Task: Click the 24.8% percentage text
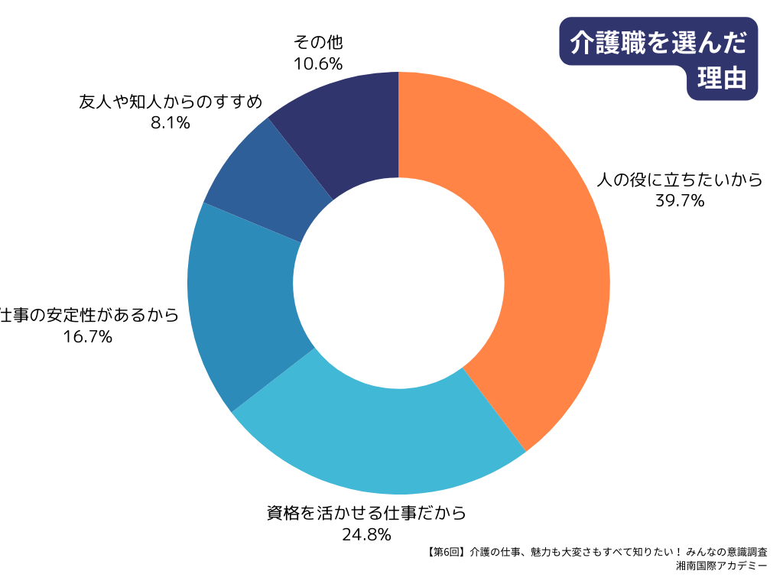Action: coord(366,533)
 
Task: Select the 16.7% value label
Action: coord(89,336)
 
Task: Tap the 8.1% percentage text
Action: coord(170,122)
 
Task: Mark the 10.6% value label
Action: coord(317,63)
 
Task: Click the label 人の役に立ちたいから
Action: coord(680,180)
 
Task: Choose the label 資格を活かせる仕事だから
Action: coord(366,512)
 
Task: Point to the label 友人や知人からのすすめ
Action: coord(171,102)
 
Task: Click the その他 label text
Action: coord(317,42)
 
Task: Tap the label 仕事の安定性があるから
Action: coord(89,315)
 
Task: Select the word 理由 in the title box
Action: coord(722,79)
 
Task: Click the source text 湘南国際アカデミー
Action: coord(722,566)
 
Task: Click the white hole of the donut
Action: coord(398,283)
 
